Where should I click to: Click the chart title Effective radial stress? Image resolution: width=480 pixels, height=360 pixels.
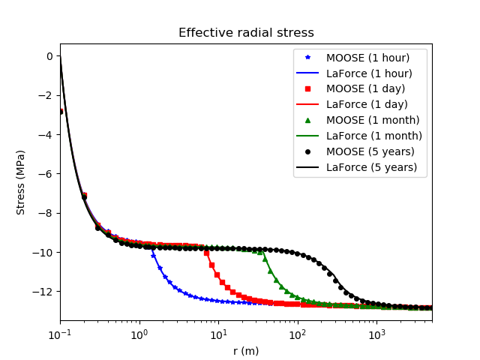[x=246, y=33]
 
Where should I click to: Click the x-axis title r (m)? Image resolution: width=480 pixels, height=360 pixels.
[x=246, y=350]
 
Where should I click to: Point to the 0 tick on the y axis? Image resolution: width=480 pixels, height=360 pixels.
[x=49, y=56]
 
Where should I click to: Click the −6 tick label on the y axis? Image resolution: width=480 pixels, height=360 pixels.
[x=46, y=174]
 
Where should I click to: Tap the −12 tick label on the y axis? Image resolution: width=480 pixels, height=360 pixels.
[x=43, y=291]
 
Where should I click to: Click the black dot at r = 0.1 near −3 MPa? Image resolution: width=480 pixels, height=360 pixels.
[x=60, y=111]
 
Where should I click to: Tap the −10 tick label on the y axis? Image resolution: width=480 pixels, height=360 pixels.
[x=43, y=252]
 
